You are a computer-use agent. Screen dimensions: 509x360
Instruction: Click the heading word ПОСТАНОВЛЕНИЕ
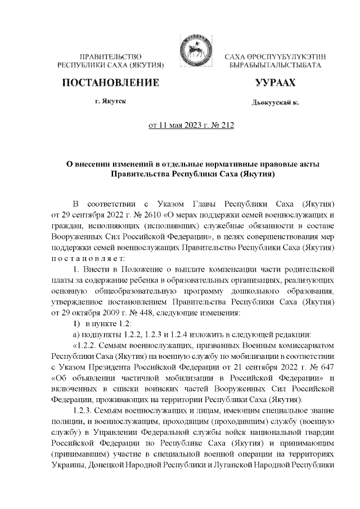pos(110,83)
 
